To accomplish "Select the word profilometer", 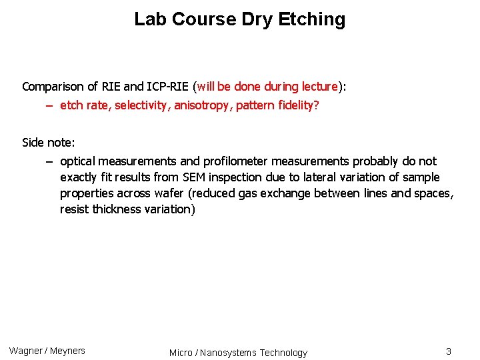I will coord(234,161).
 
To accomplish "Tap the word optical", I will coord(77,161).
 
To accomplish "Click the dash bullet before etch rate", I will coord(50,105).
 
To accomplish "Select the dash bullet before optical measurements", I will coord(50,161).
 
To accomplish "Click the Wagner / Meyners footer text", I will coord(47,351).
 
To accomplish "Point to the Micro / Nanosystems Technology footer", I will coord(238,353).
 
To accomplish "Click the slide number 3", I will coord(449,351).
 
